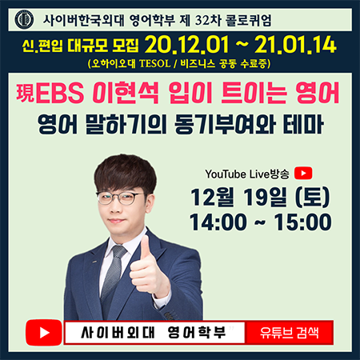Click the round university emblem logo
[24, 19]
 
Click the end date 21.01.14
[295, 45]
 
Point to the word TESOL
[155, 64]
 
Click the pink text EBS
[59, 93]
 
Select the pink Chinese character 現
[26, 93]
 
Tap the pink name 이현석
[126, 93]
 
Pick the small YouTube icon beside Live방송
[303, 174]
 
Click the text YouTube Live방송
[247, 174]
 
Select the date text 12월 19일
[239, 197]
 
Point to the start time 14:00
[218, 222]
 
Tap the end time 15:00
[302, 222]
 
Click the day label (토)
[312, 198]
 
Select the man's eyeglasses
[120, 198]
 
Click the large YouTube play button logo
[44, 332]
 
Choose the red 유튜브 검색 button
[290, 333]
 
